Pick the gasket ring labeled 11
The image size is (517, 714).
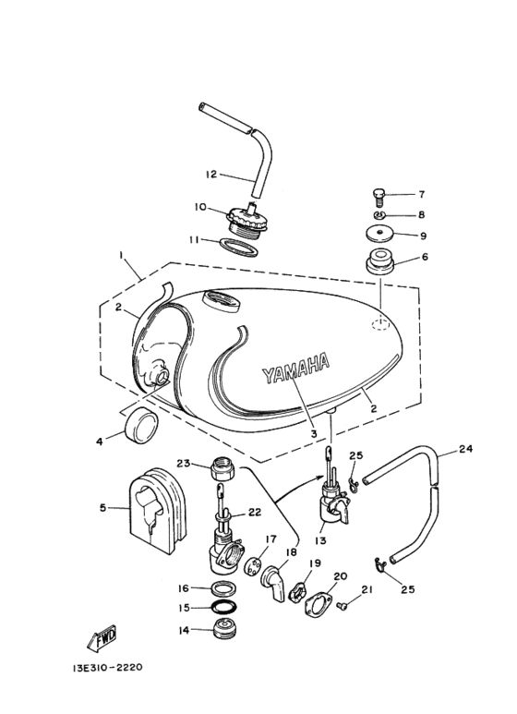[x=238, y=246]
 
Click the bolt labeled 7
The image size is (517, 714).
[x=379, y=195]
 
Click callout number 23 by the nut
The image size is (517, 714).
[x=182, y=464]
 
